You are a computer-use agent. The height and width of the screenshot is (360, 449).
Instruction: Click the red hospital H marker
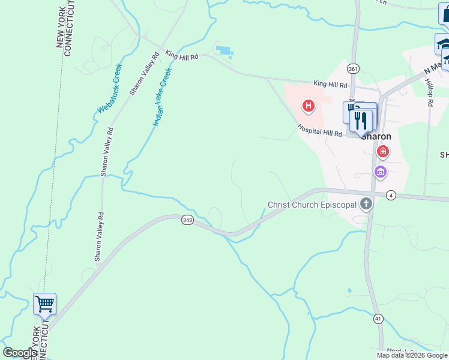click(x=309, y=107)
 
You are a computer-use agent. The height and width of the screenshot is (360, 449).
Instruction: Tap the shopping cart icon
click(x=44, y=304)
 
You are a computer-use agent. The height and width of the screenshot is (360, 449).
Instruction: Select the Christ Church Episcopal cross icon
click(x=366, y=204)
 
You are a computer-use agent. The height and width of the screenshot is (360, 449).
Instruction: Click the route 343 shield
click(x=187, y=221)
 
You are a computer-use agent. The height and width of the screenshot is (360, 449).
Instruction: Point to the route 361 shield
click(x=353, y=69)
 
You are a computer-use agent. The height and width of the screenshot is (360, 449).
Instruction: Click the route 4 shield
click(x=391, y=195)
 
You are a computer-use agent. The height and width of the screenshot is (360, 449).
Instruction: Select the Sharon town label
click(x=376, y=136)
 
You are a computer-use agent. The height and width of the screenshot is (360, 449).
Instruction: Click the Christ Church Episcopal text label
click(x=312, y=205)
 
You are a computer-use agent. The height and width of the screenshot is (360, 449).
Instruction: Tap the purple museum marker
click(x=380, y=173)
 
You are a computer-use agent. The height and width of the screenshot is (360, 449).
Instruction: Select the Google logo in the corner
click(x=20, y=353)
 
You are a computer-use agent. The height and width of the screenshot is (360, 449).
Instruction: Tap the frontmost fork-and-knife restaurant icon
click(x=361, y=120)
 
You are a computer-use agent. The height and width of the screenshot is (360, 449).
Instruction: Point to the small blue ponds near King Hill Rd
click(x=224, y=52)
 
